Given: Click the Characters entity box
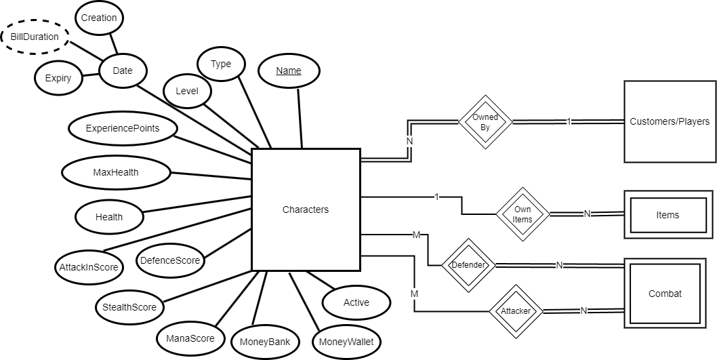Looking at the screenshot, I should point(305,209).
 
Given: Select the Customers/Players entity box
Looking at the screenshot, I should point(670,122).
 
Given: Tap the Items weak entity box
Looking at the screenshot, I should point(668,215).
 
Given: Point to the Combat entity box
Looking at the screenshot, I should point(665,294).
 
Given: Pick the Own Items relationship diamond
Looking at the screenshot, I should point(522,214).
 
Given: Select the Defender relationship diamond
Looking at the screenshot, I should point(468,265).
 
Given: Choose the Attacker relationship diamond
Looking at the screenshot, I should point(516,311).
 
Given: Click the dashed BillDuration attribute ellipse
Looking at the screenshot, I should point(35,37).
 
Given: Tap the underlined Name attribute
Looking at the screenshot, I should point(289,71).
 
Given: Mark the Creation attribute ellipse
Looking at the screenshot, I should point(99,18).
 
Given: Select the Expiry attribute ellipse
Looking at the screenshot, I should point(58,78).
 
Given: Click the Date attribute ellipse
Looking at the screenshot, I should point(123,71).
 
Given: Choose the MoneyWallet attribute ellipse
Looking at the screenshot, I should point(346,341).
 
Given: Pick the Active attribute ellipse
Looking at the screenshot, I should point(356,302).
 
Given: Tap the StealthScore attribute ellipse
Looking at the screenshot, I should point(129,307).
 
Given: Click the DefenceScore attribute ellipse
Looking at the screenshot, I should point(169,260).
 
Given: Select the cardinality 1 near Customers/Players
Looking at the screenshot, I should point(569,122).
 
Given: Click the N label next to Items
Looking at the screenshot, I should point(587,214).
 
